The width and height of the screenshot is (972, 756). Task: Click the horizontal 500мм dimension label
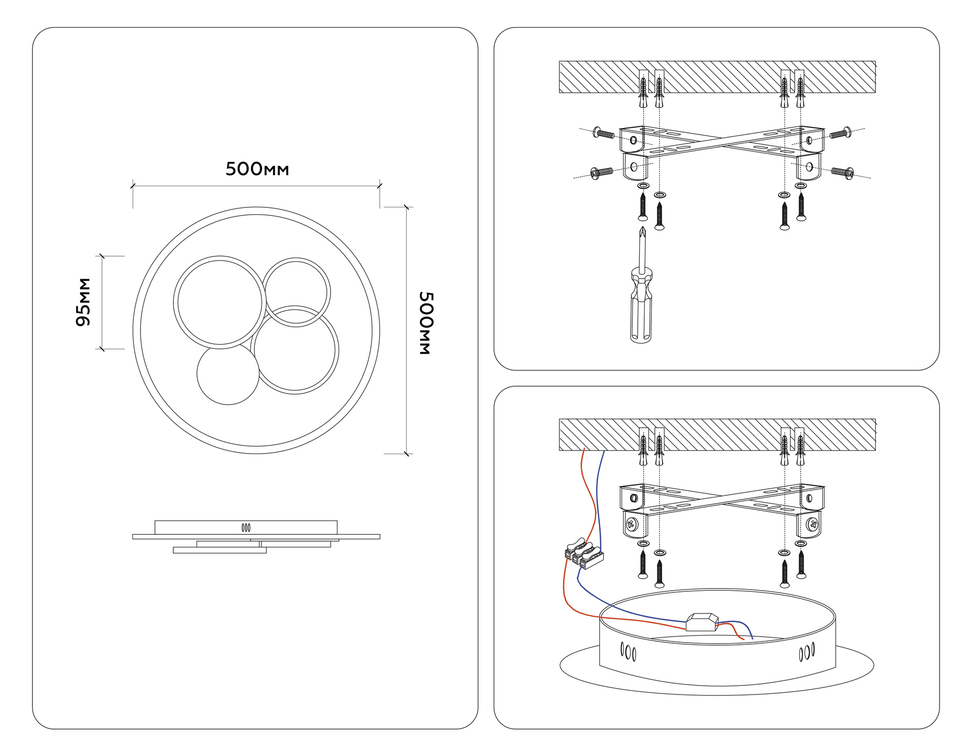click(x=257, y=169)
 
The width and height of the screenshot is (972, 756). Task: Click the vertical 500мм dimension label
click(x=426, y=323)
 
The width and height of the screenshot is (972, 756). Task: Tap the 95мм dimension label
click(x=83, y=302)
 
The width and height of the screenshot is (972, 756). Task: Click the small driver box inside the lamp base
click(x=702, y=622)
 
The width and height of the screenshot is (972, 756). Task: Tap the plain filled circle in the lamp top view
click(x=228, y=374)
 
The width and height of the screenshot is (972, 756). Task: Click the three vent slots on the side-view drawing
click(x=246, y=528)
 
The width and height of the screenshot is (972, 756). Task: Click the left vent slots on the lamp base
click(x=628, y=652)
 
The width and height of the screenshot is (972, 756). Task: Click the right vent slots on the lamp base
click(x=807, y=652)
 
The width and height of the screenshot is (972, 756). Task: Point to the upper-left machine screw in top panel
click(x=604, y=133)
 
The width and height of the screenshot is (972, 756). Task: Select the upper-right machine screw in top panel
click(x=841, y=132)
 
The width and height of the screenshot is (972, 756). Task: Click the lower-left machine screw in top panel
click(x=602, y=173)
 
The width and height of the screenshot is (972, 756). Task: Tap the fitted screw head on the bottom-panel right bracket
click(x=812, y=524)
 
